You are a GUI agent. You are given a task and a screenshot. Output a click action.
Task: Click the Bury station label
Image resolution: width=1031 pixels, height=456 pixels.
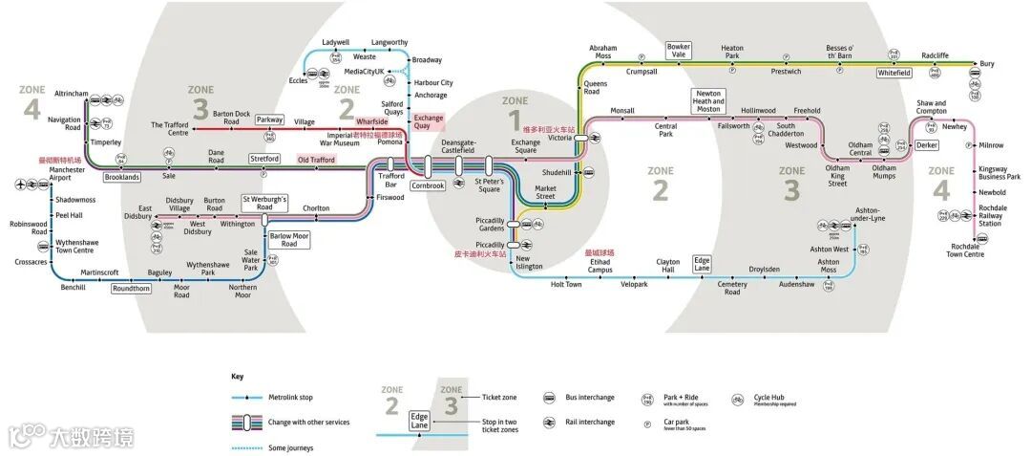tap(986, 64)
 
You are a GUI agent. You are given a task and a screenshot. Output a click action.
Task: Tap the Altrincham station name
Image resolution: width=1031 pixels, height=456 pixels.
tap(72, 95)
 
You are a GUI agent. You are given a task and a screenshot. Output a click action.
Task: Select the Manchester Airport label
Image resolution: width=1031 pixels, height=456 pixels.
tap(67, 174)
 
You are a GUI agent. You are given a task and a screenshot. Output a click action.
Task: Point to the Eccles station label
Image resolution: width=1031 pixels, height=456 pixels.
tap(298, 80)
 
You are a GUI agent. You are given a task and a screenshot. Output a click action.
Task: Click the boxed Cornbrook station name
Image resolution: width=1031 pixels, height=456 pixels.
tap(429, 185)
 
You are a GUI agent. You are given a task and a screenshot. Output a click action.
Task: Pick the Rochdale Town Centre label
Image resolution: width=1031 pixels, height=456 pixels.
tap(965, 250)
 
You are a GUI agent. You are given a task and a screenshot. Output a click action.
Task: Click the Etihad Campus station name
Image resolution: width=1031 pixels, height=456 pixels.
tap(600, 266)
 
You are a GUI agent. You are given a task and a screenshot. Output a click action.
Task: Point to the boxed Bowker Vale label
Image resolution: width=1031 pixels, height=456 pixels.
tap(678, 50)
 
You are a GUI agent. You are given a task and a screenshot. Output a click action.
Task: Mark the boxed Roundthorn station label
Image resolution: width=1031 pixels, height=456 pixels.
tap(131, 288)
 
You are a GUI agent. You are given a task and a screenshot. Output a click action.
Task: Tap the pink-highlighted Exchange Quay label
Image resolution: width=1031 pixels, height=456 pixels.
tap(428, 121)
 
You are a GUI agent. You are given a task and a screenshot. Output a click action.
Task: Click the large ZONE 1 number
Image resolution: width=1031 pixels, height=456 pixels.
tap(515, 119)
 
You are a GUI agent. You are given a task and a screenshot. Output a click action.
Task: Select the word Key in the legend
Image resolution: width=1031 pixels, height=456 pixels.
tap(237, 377)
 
